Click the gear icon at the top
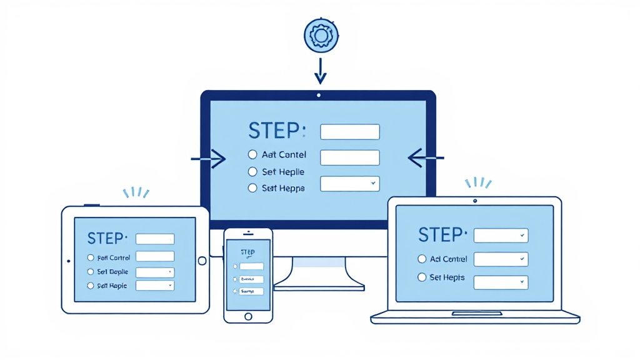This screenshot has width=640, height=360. pos(321,36)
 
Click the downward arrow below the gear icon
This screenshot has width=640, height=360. pos(320,70)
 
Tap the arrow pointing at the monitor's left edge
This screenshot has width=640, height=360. pos(209,159)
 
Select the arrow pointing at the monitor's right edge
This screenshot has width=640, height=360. pos(426,158)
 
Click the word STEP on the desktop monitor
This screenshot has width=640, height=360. pos(274,131)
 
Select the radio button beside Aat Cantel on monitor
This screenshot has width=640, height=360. pos(252,154)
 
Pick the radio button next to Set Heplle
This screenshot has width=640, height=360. pos(252,171)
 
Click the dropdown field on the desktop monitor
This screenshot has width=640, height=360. pos(349,184)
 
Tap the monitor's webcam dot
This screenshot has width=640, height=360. pos(319,96)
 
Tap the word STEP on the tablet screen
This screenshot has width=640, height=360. pos(106,238)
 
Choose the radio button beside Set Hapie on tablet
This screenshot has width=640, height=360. pos(91,286)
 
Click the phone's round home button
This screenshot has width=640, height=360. pos(248,317)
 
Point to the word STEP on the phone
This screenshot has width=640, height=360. pos(247,252)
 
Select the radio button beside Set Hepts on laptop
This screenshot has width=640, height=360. pos(422,277)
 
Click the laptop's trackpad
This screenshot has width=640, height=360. pos(476,312)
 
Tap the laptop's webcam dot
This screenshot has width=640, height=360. pos(475,201)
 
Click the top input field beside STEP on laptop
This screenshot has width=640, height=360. pos(501,236)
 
